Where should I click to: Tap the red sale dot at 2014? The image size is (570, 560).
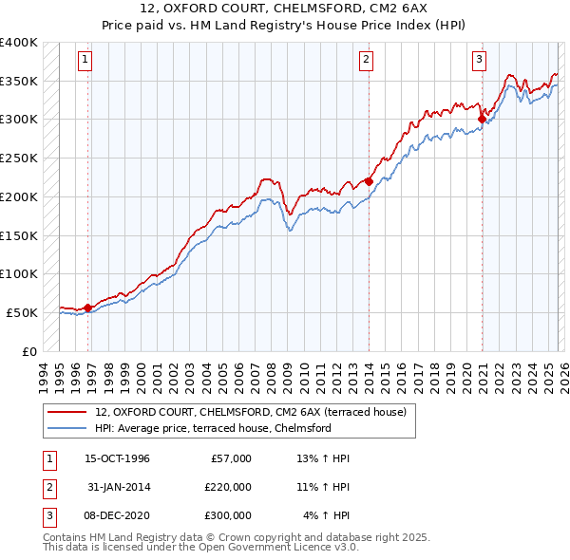point(369,180)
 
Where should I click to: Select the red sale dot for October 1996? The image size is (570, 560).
point(87,307)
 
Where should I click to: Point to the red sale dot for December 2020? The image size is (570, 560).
point(481,119)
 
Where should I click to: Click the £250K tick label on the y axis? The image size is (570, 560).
point(18,158)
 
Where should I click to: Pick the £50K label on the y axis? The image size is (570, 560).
point(22,312)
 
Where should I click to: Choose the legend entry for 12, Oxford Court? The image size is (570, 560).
point(251,412)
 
